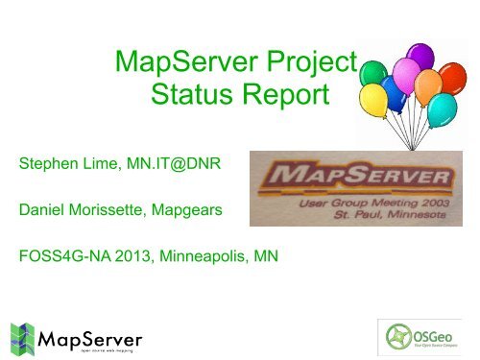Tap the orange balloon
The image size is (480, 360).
(437, 56)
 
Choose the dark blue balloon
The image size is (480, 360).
(395, 92)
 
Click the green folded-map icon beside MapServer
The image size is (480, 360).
(23, 336)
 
